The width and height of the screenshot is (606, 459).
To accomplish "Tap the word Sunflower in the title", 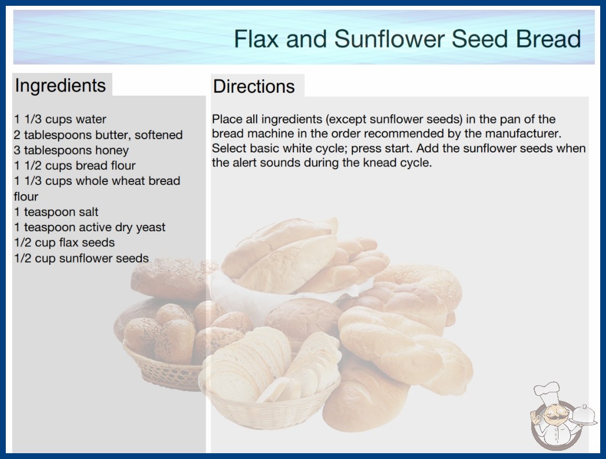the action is (x=389, y=39).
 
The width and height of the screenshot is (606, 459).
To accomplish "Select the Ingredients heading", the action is (x=60, y=86).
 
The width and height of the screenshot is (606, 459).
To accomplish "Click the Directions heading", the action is (x=254, y=86).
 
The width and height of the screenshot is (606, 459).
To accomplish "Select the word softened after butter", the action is (x=159, y=134).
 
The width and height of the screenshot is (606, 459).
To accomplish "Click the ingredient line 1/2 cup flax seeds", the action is (x=64, y=242).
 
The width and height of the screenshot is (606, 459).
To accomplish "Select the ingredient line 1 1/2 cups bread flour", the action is (x=75, y=166).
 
